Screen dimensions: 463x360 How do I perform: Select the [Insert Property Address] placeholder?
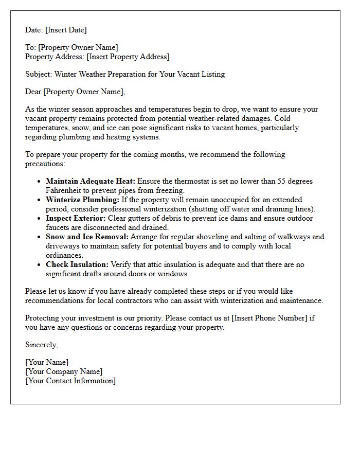click(x=128, y=57)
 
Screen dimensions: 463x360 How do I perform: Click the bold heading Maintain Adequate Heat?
click(x=90, y=181)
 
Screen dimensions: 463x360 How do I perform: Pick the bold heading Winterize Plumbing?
click(x=82, y=200)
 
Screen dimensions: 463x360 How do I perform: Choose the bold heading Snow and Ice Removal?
click(x=87, y=237)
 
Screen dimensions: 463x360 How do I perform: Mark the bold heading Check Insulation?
click(x=77, y=264)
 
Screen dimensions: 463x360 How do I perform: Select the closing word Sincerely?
click(x=41, y=345)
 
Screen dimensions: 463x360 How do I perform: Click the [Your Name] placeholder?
click(x=47, y=362)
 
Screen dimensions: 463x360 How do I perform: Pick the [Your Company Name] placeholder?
click(x=64, y=371)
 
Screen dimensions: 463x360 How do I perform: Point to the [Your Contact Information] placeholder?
click(x=70, y=381)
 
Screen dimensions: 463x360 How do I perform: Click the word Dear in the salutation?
click(x=33, y=92)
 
